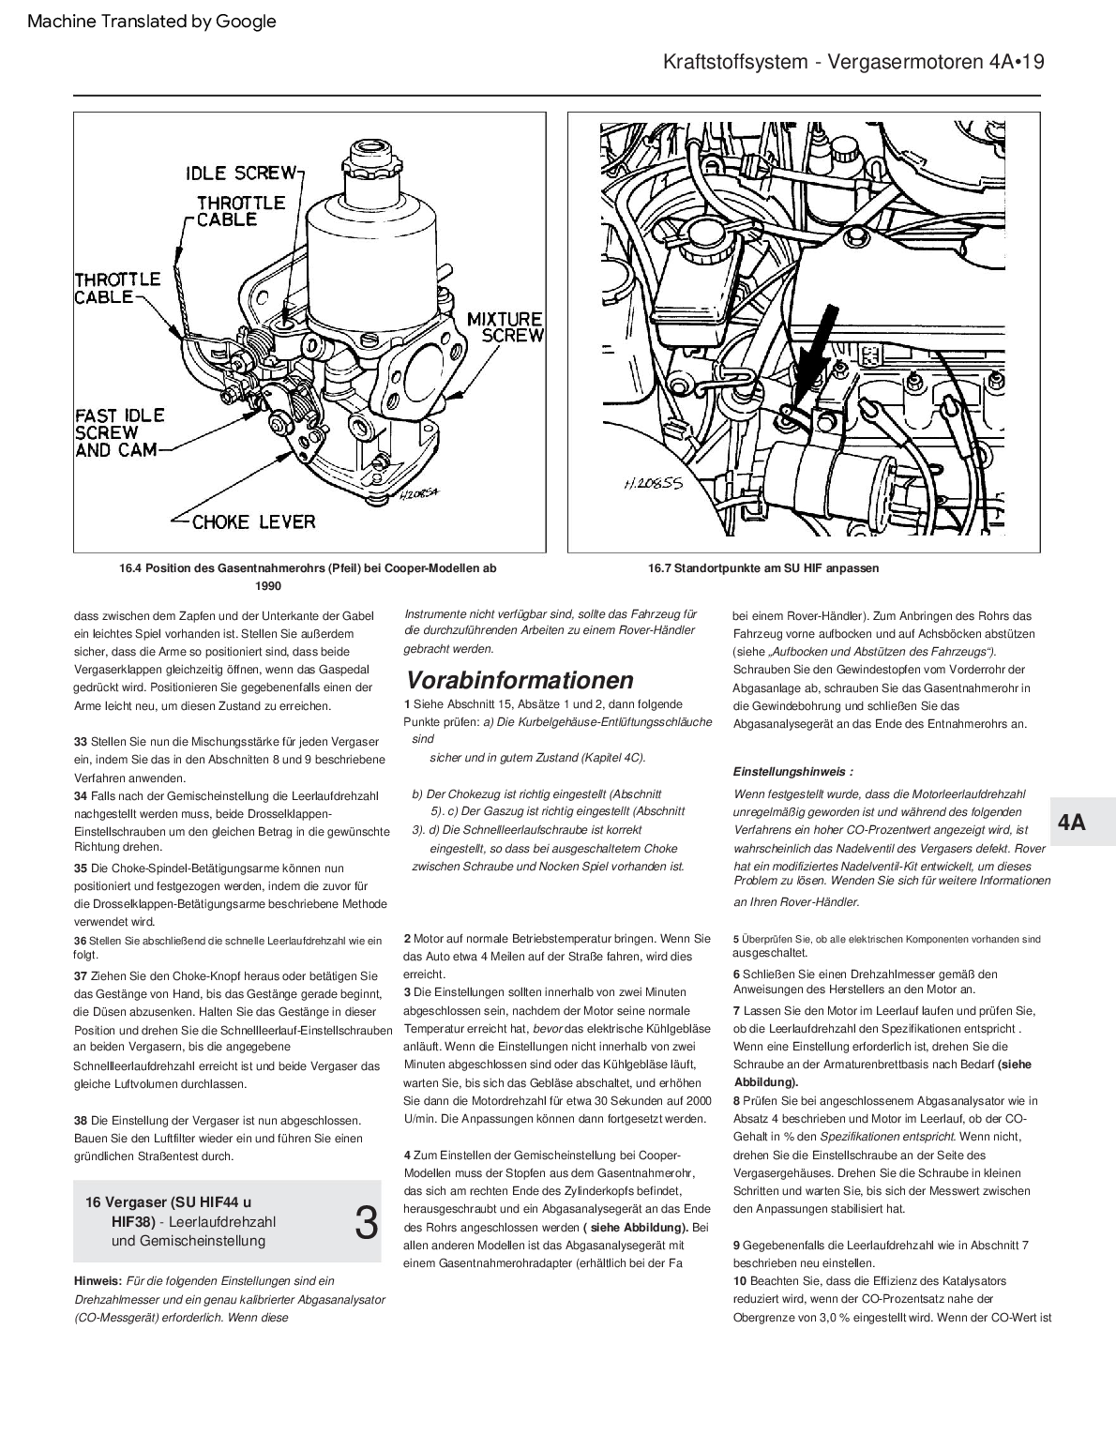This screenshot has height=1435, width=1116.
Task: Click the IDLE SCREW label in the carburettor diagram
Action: click(x=240, y=173)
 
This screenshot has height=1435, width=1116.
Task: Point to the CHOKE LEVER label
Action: click(x=253, y=521)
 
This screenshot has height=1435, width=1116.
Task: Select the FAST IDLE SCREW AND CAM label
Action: click(x=118, y=432)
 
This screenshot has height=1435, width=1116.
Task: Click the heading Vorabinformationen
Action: click(x=519, y=680)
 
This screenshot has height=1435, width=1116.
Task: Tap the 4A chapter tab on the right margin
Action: click(x=1071, y=823)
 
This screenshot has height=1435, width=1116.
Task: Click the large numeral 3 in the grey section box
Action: click(x=367, y=1223)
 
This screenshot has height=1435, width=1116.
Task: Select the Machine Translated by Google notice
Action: click(x=153, y=22)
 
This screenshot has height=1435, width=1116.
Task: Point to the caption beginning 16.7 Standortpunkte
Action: click(x=763, y=568)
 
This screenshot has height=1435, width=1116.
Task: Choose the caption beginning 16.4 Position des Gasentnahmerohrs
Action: click(x=308, y=568)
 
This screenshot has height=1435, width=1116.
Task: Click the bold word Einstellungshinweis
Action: click(x=792, y=772)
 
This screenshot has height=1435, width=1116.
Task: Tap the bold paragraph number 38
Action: click(x=81, y=1120)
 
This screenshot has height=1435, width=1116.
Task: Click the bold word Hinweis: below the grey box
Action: click(x=98, y=1280)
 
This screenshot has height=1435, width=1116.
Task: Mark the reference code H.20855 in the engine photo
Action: click(x=654, y=486)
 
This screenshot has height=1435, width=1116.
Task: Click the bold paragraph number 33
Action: click(x=81, y=742)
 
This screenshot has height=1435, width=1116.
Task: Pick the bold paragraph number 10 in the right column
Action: click(x=740, y=1281)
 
